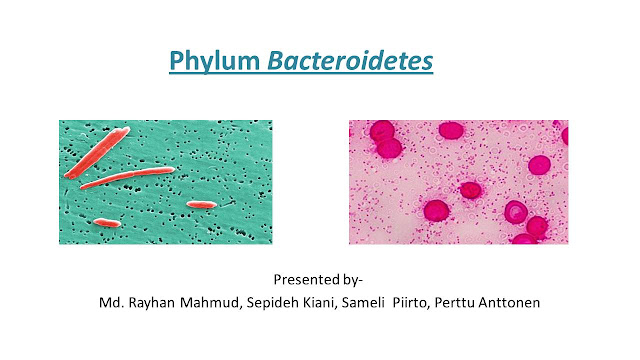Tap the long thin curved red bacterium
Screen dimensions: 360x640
click(x=127, y=178)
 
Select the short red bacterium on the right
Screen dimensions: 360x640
click(x=201, y=204)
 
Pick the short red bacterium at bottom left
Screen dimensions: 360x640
click(x=106, y=222)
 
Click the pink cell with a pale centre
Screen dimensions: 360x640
click(x=516, y=212)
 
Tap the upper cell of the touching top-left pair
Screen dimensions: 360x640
click(x=381, y=131)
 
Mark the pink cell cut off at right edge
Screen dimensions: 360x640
click(x=564, y=136)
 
